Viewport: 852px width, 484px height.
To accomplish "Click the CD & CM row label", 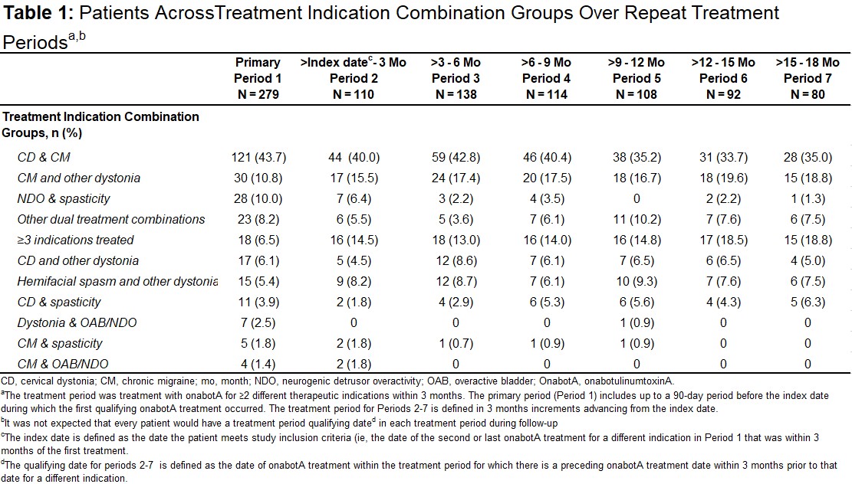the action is pyautogui.click(x=44, y=157).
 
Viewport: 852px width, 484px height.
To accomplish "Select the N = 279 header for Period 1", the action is pyautogui.click(x=258, y=94).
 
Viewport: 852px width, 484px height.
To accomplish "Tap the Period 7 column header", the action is pyautogui.click(x=808, y=78).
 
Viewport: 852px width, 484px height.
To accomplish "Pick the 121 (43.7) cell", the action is pyautogui.click(x=258, y=157).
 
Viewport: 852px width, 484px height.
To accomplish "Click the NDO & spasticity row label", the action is pyautogui.click(x=64, y=198).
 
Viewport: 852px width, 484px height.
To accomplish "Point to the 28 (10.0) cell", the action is pyautogui.click(x=258, y=198).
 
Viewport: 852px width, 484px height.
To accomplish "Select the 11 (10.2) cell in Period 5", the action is pyautogui.click(x=637, y=219).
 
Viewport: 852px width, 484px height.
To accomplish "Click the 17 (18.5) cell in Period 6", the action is pyautogui.click(x=723, y=240).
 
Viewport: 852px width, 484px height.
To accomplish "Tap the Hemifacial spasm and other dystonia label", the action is pyautogui.click(x=117, y=281).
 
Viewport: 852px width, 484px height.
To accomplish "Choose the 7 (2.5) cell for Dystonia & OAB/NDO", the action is pyautogui.click(x=258, y=323).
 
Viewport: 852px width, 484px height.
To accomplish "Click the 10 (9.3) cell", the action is pyautogui.click(x=637, y=282).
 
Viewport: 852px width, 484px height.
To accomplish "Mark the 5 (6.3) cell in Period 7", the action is pyautogui.click(x=808, y=302).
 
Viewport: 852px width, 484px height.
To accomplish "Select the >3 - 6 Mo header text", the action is pyautogui.click(x=456, y=62).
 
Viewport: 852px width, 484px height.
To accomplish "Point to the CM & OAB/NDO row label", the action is pyautogui.click(x=63, y=364).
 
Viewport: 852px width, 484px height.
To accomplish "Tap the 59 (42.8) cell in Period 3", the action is pyautogui.click(x=456, y=157).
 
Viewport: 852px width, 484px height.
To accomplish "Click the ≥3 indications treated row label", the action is pyautogui.click(x=75, y=240).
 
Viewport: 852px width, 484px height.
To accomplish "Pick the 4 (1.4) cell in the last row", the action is pyautogui.click(x=258, y=364).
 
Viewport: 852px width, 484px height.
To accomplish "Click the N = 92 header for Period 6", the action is pyautogui.click(x=723, y=94).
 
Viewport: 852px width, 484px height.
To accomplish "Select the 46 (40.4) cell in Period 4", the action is pyautogui.click(x=547, y=157).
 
